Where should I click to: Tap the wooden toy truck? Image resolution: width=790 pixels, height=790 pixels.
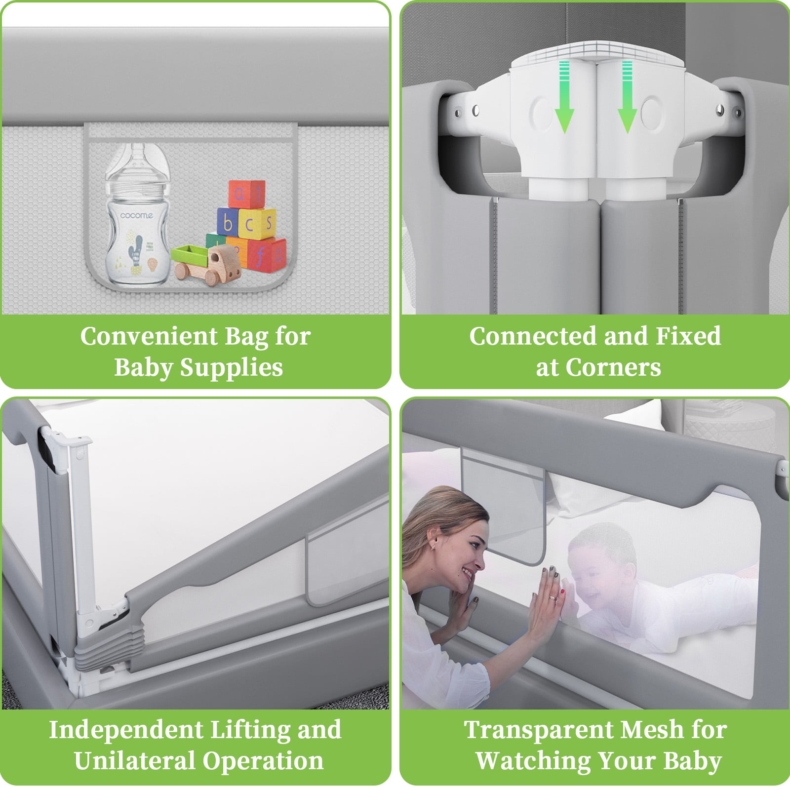pyautogui.click(x=206, y=264)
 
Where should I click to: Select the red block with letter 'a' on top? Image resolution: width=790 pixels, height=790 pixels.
pyautogui.click(x=246, y=194)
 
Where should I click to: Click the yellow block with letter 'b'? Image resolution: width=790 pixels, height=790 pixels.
pyautogui.click(x=228, y=223)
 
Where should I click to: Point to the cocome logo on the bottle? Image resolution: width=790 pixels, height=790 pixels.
pyautogui.click(x=137, y=215)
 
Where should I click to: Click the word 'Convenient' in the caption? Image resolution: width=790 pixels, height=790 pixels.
pyautogui.click(x=149, y=337)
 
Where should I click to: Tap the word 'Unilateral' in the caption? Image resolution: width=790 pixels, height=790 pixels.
pyautogui.click(x=134, y=761)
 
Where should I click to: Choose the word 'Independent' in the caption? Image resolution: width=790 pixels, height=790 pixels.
pyautogui.click(x=126, y=730)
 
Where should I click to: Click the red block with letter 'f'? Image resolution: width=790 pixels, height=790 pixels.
pyautogui.click(x=267, y=254)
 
